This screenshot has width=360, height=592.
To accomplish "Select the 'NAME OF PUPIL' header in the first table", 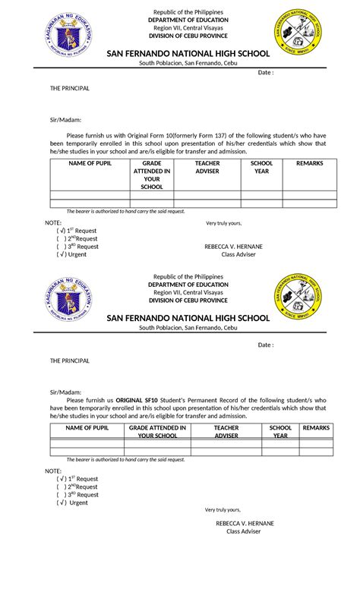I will click(x=89, y=163).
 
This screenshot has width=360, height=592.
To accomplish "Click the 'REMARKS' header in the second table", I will click(x=316, y=428).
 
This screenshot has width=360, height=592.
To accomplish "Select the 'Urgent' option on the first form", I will click(x=77, y=255).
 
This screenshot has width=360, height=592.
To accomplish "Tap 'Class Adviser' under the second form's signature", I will click(x=243, y=531).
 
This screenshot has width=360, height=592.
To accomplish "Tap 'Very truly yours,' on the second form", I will click(x=222, y=510).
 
